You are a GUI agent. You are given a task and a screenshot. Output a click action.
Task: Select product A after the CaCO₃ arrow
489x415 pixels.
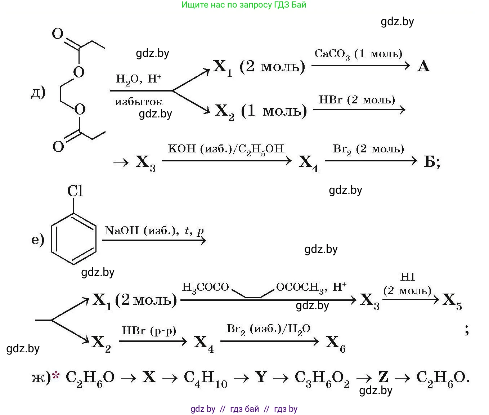(423, 66)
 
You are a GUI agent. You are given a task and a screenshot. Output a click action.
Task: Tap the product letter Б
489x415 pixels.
(430, 162)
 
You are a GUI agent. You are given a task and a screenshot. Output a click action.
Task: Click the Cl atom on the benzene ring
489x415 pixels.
(75, 191)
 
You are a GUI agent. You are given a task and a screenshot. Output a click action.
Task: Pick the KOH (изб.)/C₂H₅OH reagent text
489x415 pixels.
(226, 149)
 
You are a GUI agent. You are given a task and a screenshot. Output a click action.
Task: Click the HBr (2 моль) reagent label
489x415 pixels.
(356, 100)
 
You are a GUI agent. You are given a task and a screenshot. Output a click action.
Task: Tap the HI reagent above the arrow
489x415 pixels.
(407, 277)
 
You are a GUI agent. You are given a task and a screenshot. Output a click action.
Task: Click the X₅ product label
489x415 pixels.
(452, 300)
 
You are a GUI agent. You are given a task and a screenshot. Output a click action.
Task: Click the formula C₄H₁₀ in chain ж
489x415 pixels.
(205, 378)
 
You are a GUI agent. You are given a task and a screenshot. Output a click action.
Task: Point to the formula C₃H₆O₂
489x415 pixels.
(322, 378)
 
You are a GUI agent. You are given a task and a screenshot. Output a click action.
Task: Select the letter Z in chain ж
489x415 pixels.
(383, 377)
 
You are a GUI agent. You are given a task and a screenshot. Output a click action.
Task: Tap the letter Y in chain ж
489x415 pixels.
(261, 377)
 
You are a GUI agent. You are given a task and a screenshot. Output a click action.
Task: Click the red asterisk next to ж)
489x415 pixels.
(56, 376)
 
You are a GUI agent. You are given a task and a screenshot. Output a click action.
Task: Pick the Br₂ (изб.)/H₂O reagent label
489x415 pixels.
(268, 329)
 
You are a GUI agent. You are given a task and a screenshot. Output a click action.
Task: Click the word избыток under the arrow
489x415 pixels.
(139, 102)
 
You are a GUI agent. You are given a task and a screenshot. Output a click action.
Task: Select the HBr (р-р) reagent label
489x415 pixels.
(149, 331)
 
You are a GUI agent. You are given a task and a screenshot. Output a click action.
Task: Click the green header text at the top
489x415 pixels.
(244, 5)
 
